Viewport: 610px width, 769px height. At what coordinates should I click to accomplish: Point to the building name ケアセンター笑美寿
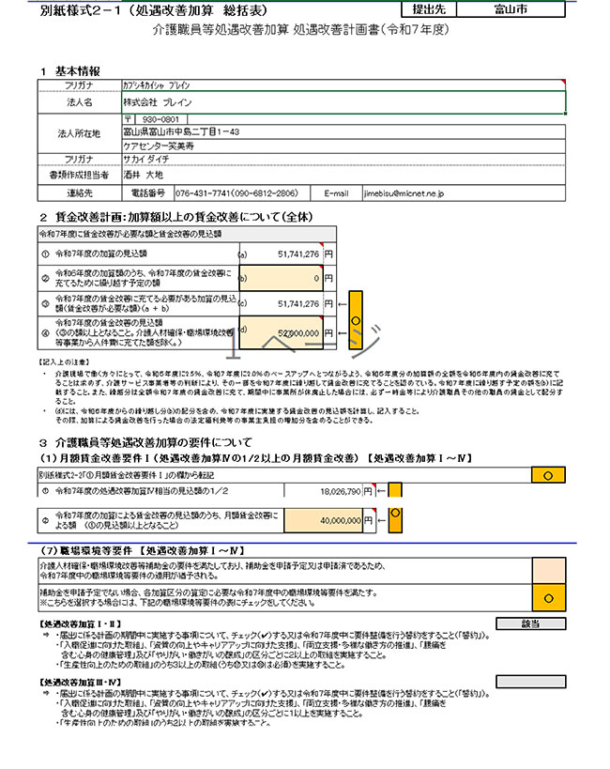tap(158, 146)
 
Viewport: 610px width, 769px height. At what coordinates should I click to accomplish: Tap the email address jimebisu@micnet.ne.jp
tap(404, 193)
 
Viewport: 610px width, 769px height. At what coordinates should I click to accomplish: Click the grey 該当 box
tap(529, 623)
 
